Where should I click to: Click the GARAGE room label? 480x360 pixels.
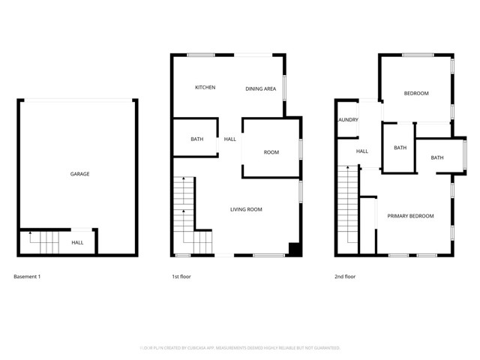80,174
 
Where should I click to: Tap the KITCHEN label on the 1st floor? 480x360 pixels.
205,88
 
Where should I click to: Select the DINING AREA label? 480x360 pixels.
261,89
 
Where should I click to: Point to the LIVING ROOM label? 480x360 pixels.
246,209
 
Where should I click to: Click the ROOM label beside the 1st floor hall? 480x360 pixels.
271,152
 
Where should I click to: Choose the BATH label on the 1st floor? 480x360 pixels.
197,139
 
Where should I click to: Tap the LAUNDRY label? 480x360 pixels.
347,120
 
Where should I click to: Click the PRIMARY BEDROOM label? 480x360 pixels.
410,216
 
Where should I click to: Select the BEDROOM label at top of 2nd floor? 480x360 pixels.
416,94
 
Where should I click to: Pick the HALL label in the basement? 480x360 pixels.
78,243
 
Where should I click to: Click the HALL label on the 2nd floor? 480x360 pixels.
362,151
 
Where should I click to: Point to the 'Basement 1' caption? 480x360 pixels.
27,277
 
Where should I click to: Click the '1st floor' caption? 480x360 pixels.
181,277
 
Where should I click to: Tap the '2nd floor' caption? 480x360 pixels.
345,277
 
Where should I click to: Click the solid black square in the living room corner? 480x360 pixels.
295,250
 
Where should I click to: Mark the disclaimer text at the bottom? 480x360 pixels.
240,348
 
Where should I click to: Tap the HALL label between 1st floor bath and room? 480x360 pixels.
230,139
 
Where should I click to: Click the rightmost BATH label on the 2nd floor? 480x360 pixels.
437,157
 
